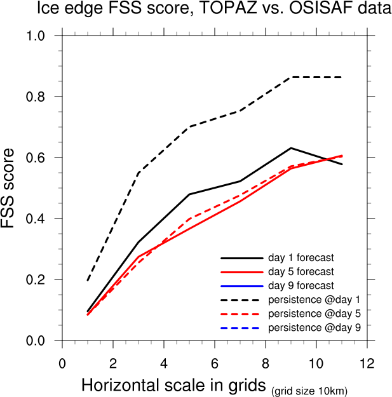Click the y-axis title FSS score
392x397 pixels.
[13, 188]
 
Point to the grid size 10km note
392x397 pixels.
[309, 389]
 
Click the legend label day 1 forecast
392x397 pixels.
[301, 258]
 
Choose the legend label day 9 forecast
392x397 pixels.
[301, 286]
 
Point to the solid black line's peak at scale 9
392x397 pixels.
[291, 148]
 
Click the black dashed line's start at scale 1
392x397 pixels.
[88, 280]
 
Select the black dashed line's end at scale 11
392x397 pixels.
[342, 77]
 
